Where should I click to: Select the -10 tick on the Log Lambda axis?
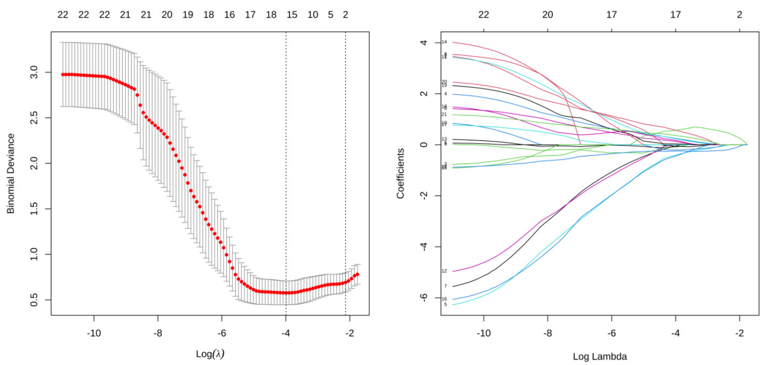[483, 333]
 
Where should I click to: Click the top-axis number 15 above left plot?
[292, 15]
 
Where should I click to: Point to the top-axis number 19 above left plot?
[188, 15]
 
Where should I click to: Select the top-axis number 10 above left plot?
[313, 15]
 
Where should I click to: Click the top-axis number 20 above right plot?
[547, 15]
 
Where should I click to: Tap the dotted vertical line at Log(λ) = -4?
[286, 165]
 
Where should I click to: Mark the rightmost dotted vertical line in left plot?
[345, 165]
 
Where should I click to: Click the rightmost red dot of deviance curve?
[357, 274]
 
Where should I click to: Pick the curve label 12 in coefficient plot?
[444, 271]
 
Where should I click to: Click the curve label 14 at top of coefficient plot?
[444, 42]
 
